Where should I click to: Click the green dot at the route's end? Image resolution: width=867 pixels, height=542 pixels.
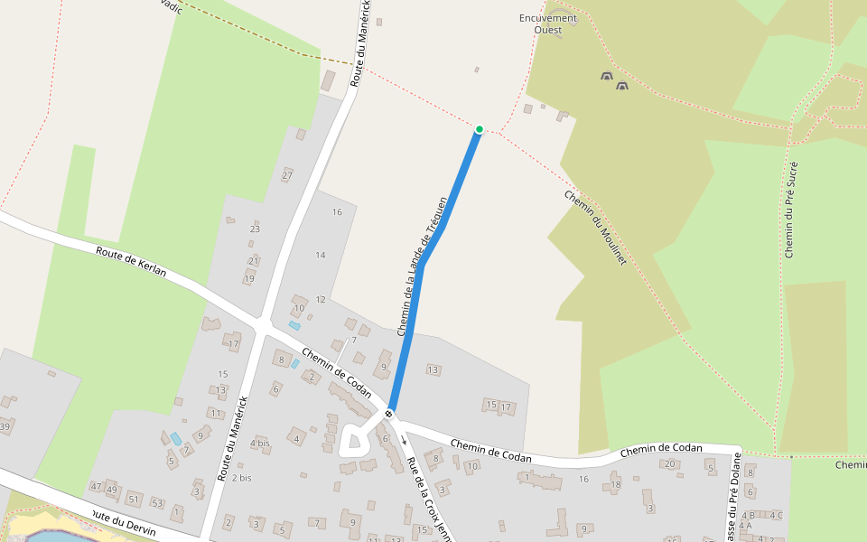[480, 129]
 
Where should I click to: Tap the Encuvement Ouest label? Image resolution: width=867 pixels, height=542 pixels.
[547, 23]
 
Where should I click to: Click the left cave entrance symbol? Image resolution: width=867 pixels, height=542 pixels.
[606, 78]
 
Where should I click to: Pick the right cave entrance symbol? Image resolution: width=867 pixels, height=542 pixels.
[621, 86]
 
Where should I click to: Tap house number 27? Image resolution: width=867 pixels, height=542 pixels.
[286, 175]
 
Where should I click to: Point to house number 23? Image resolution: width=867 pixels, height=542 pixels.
[255, 229]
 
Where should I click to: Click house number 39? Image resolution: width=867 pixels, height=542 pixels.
[5, 426]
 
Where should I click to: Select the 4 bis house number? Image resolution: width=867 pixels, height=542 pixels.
[260, 443]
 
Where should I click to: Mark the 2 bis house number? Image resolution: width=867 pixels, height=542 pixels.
[241, 477]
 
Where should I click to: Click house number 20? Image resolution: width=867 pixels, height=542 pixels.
[669, 463]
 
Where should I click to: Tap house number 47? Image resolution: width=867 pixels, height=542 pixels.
[97, 487]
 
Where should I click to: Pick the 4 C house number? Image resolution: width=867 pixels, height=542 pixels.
[775, 515]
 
